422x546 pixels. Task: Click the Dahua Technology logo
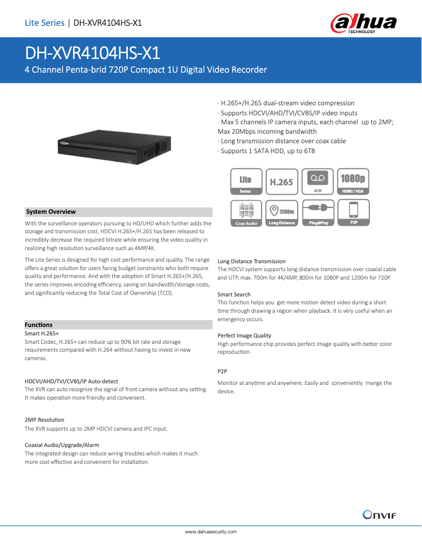click(363, 24)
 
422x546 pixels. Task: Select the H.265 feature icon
click(282, 182)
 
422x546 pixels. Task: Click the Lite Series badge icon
click(246, 182)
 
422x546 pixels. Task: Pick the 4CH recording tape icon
click(318, 182)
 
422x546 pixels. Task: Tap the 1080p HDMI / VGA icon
click(353, 182)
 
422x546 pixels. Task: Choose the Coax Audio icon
click(246, 213)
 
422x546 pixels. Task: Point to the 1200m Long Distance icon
click(282, 213)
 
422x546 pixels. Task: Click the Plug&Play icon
click(318, 213)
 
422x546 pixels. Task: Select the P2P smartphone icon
click(353, 213)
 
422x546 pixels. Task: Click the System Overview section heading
click(51, 212)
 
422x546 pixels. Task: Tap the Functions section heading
click(39, 325)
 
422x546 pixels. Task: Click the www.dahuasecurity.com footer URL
click(210, 532)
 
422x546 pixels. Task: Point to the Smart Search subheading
click(234, 294)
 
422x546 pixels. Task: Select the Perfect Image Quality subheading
click(244, 335)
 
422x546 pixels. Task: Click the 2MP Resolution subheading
click(45, 420)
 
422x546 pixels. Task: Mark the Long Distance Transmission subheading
click(252, 261)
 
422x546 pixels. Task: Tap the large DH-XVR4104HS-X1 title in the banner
click(93, 53)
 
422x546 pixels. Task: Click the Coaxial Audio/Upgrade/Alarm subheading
click(62, 445)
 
